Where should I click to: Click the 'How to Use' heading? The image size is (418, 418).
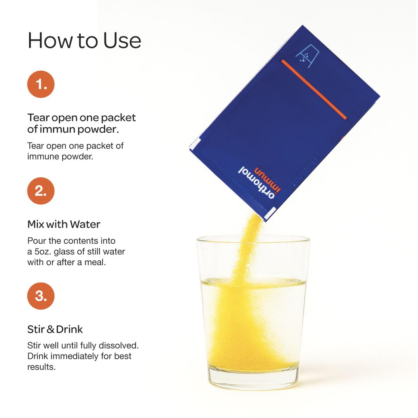click(x=84, y=41)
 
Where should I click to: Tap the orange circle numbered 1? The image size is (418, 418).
click(x=41, y=84)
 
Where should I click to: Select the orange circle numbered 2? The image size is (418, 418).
click(x=41, y=191)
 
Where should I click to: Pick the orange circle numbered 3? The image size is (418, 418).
click(x=41, y=296)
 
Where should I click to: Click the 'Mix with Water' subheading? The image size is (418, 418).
click(x=64, y=224)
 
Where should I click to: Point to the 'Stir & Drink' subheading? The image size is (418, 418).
click(x=55, y=329)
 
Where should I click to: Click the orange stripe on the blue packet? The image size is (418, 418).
click(x=313, y=89)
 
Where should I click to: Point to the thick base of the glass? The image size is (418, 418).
click(x=254, y=383)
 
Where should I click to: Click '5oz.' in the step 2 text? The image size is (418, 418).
click(x=42, y=252)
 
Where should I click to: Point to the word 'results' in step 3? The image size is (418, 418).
click(x=41, y=367)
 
